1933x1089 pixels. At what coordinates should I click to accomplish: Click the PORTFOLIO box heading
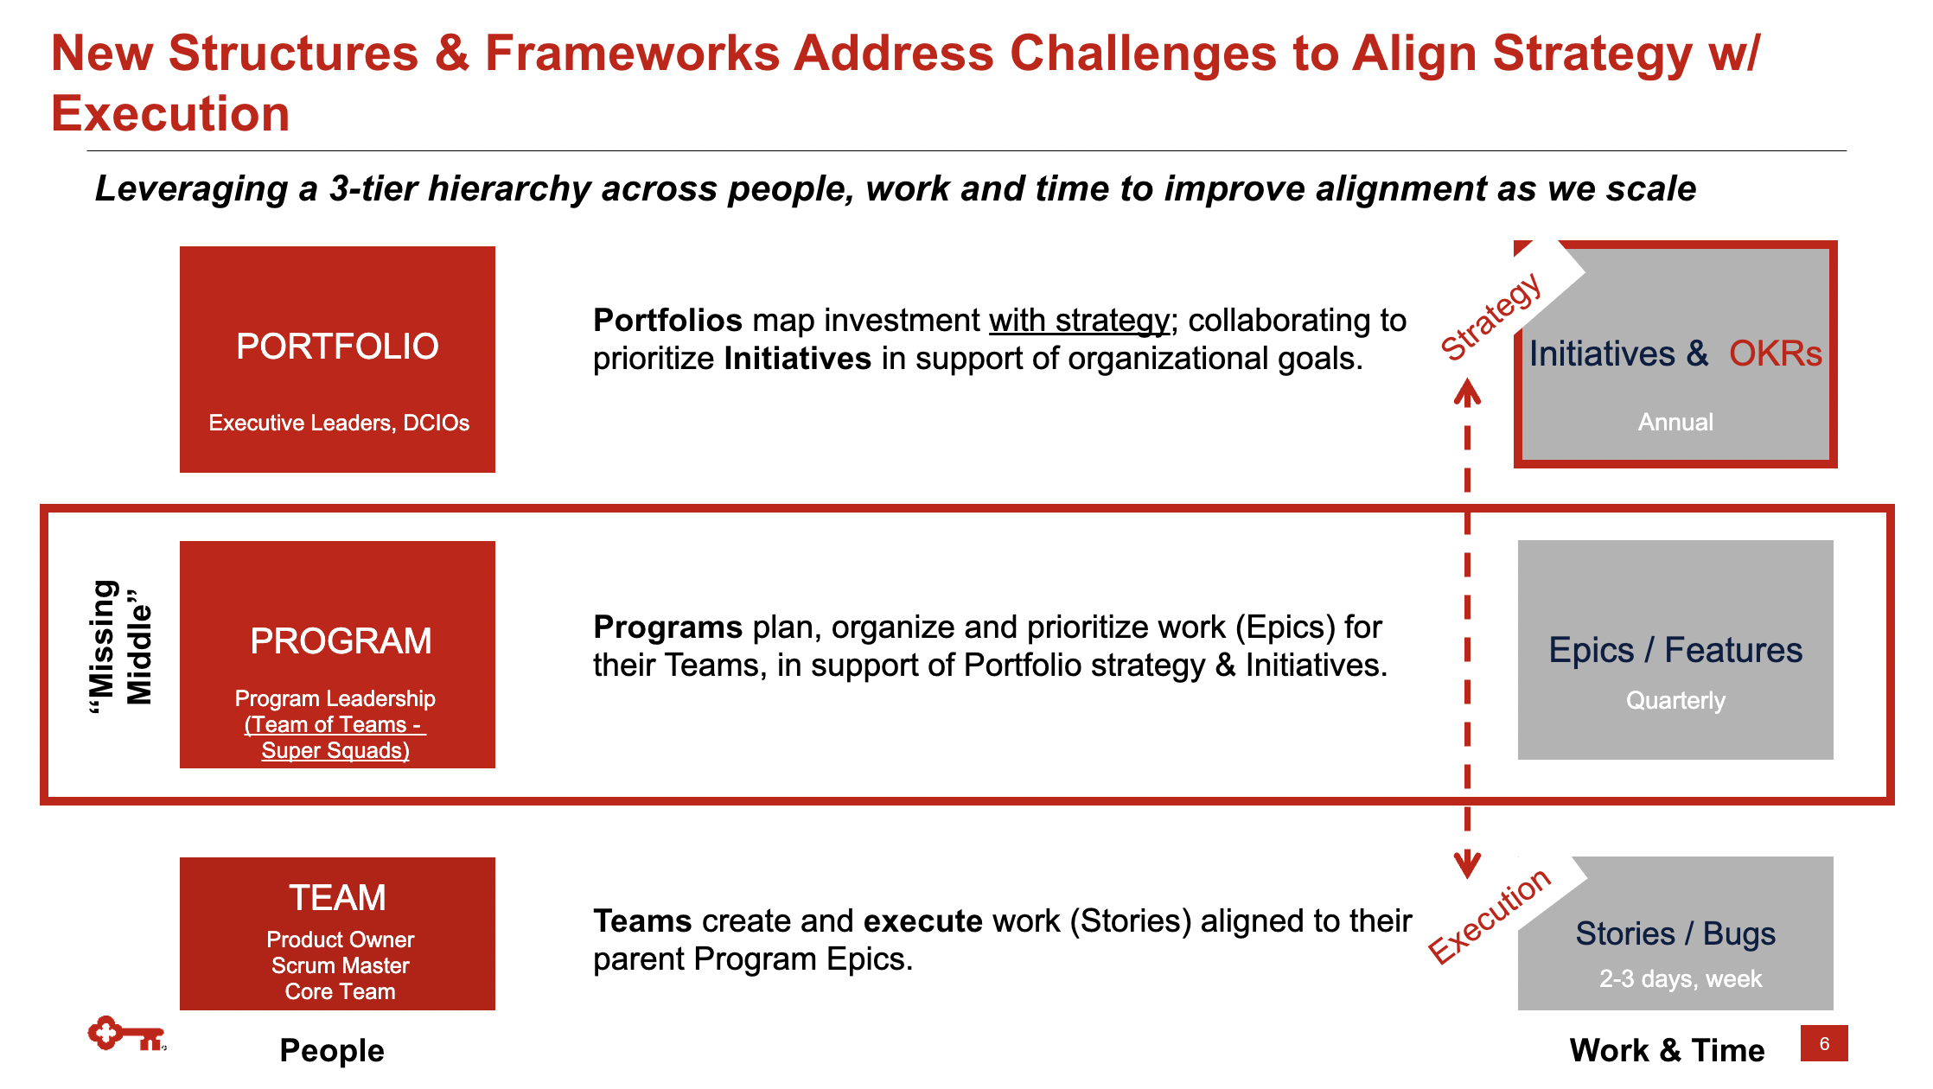point(337,347)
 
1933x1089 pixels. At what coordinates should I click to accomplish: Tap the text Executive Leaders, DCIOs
point(339,423)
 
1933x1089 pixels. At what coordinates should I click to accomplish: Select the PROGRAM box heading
point(341,641)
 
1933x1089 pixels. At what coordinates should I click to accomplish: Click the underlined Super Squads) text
point(335,750)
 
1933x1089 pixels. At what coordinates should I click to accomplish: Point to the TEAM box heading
point(337,898)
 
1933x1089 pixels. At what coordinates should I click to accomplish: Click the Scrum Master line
point(341,965)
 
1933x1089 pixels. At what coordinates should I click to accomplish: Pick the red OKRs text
point(1775,353)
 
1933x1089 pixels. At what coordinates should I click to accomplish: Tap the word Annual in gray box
point(1675,422)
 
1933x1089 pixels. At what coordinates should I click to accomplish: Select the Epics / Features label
point(1675,650)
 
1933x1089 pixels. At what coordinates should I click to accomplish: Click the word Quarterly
point(1675,700)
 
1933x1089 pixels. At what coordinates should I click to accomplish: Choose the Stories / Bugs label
point(1675,933)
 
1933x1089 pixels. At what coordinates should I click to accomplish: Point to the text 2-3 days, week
point(1681,978)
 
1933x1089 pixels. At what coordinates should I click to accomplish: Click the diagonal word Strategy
point(1491,316)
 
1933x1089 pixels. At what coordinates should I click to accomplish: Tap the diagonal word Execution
point(1490,915)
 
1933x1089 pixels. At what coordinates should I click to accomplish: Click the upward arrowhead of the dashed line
point(1467,393)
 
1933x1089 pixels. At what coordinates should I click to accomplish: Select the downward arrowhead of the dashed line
point(1467,864)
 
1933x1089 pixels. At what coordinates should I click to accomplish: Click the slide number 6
point(1824,1043)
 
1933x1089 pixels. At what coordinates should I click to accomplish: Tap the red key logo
point(126,1034)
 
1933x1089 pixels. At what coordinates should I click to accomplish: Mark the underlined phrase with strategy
point(1079,321)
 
